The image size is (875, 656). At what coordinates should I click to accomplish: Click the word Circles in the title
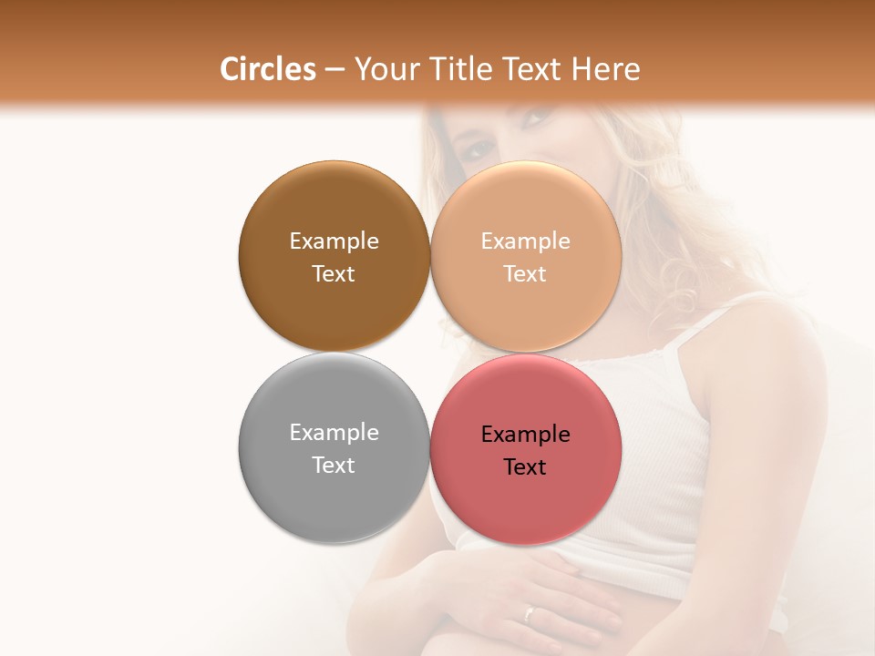point(268,69)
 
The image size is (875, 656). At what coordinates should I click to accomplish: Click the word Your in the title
point(384,69)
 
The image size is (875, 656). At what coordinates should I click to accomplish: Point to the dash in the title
point(335,70)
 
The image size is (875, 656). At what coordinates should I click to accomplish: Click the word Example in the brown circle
point(334,241)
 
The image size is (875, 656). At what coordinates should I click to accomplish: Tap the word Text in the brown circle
point(334,274)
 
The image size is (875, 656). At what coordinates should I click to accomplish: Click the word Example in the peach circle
point(526,241)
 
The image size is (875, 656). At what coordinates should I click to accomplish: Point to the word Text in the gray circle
point(334,466)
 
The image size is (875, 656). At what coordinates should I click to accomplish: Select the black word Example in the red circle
point(526,435)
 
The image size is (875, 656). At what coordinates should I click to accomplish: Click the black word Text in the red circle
point(526,467)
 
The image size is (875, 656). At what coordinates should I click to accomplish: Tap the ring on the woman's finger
point(530,613)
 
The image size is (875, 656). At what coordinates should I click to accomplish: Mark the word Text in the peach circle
point(526,274)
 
